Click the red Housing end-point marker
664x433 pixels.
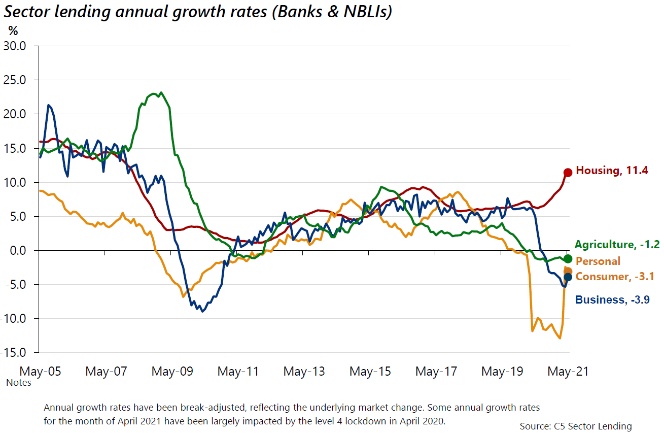(568, 173)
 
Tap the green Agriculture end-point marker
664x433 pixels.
(568, 259)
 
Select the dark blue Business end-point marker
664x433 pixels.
(568, 277)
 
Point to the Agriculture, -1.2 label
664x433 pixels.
(617, 245)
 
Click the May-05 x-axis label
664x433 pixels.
(40, 372)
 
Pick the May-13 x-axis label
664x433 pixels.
(304, 372)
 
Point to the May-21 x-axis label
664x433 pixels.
(568, 372)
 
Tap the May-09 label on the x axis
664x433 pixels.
(172, 372)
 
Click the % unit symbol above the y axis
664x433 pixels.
(12, 30)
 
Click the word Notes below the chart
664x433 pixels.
(19, 383)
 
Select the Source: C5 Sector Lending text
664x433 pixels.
(576, 426)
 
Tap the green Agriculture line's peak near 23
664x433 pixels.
(161, 92)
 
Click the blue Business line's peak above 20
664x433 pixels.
(48, 105)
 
